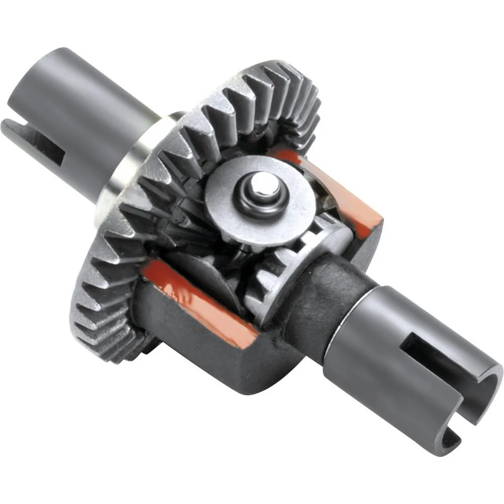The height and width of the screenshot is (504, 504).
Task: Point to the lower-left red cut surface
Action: (202, 302)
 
